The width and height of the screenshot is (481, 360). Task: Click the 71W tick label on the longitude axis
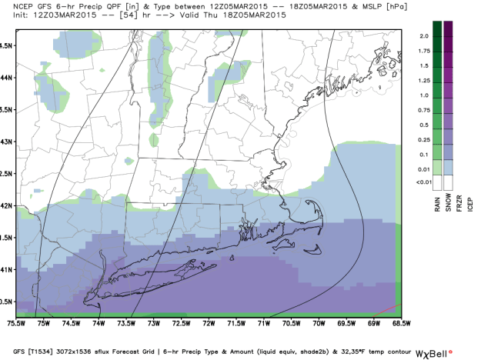tap(263, 324)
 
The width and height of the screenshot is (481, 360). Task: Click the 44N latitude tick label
tap(6, 77)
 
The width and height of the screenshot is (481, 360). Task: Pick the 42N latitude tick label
tap(6, 205)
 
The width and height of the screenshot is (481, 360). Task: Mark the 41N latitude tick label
tap(6, 269)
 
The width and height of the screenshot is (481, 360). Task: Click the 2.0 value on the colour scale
tap(423, 37)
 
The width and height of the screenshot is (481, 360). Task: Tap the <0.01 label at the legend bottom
tap(423, 182)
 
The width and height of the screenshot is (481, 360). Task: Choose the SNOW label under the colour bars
tap(448, 203)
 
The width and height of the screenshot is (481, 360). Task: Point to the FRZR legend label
tap(459, 203)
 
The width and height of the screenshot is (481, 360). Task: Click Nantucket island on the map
tap(315, 248)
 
